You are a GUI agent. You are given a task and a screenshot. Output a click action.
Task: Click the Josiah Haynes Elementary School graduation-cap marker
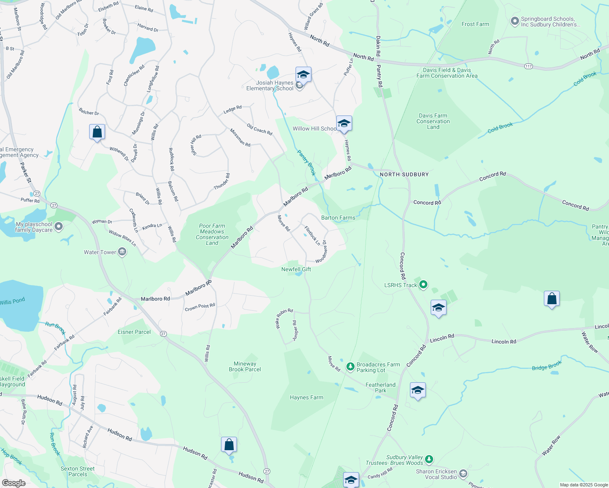pyautogui.click(x=303, y=75)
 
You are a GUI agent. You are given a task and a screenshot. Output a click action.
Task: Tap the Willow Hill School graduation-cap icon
pyautogui.click(x=344, y=123)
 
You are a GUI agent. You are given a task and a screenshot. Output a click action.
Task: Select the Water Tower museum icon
pyautogui.click(x=122, y=253)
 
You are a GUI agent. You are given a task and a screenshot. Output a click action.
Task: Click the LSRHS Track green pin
pyautogui.click(x=423, y=285)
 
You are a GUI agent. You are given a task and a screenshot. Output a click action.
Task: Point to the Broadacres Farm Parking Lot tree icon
pyautogui.click(x=350, y=367)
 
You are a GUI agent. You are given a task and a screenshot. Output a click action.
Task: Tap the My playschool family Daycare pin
pyautogui.click(x=59, y=227)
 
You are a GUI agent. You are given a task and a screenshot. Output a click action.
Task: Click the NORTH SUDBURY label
pyautogui.click(x=404, y=174)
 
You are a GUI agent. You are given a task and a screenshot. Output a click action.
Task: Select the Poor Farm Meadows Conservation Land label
pyautogui.click(x=212, y=234)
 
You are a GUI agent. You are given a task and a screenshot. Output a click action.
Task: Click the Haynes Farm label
pyautogui.click(x=306, y=398)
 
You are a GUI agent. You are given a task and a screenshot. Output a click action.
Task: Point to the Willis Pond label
pyautogui.click(x=13, y=301)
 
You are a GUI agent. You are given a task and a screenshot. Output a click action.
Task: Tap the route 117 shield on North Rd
pyautogui.click(x=528, y=66)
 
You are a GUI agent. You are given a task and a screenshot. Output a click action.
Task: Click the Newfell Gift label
pyautogui.click(x=296, y=269)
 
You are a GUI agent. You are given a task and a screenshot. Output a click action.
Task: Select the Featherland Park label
pyautogui.click(x=380, y=388)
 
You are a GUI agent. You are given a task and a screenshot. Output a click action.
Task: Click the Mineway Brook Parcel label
pyautogui.click(x=245, y=366)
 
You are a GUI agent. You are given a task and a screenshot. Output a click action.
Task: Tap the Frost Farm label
pyautogui.click(x=475, y=24)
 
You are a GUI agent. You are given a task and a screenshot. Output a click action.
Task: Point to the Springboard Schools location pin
pyautogui.click(x=515, y=21)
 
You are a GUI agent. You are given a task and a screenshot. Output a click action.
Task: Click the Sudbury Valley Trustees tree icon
pyautogui.click(x=429, y=460)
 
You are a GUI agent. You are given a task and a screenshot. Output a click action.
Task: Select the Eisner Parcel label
pyautogui.click(x=134, y=332)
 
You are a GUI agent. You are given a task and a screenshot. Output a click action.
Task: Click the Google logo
pyautogui.click(x=14, y=483)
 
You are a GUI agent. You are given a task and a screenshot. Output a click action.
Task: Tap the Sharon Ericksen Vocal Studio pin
pyautogui.click(x=463, y=474)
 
